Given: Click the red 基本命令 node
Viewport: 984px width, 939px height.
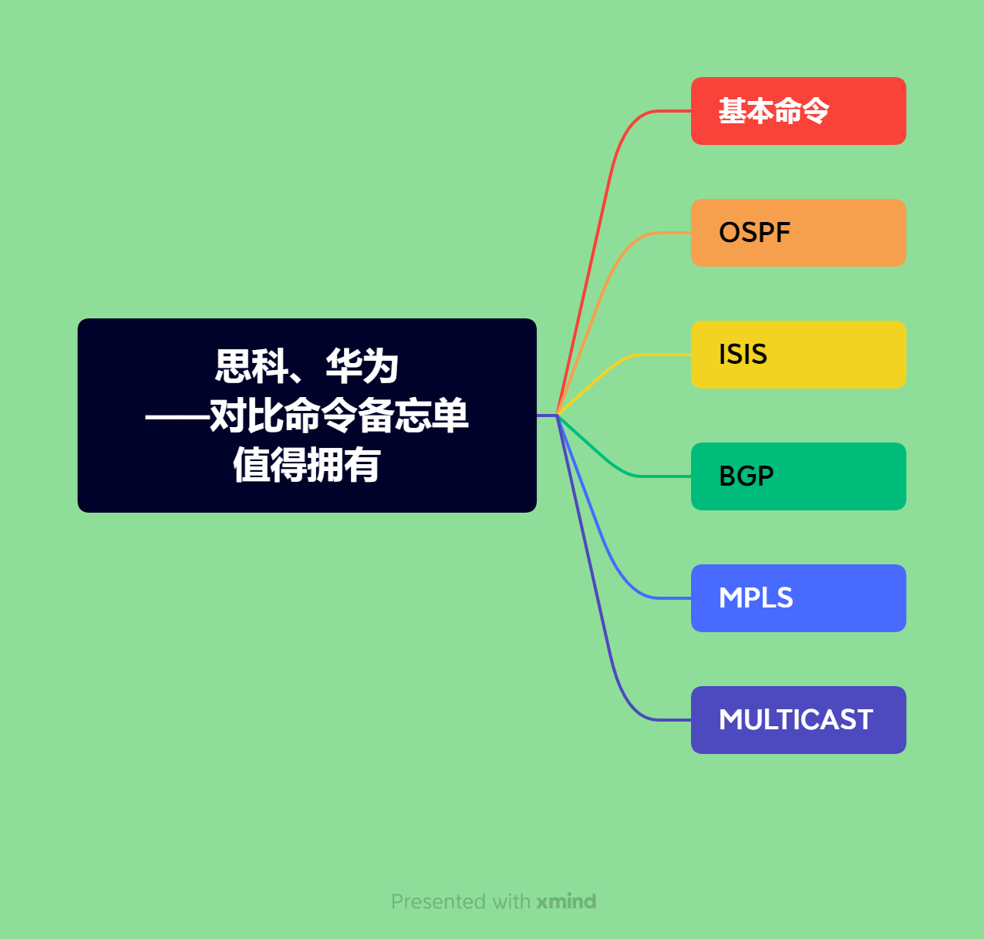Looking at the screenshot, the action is pos(798,111).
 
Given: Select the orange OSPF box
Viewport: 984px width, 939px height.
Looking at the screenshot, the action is pos(798,233).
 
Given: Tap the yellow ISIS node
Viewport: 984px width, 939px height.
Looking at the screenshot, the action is pos(798,355).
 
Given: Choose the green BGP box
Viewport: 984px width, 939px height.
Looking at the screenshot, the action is pos(798,476).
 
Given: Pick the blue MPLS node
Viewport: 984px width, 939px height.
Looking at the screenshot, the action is pos(798,598).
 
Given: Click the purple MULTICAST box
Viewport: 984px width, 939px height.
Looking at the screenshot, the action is pos(798,720).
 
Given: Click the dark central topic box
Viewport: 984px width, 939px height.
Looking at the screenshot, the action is pos(307,416).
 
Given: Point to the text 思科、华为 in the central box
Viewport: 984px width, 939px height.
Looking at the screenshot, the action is pos(307,366).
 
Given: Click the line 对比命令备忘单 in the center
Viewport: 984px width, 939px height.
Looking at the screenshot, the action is pos(339,416).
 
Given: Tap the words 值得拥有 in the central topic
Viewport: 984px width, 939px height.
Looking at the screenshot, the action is pos(307,465).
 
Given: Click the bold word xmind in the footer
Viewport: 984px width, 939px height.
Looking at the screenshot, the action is pos(566,901).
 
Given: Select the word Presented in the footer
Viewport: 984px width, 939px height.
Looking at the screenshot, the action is pos(439,901).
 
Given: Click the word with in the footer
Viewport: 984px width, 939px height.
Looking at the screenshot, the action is pos(511,901).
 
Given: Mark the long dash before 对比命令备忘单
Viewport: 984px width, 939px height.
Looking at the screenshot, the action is pos(177,416).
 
